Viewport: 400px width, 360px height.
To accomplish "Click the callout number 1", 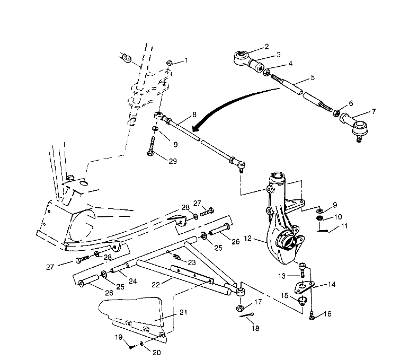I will coord(185,61).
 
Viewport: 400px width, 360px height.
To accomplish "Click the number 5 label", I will coord(312,77).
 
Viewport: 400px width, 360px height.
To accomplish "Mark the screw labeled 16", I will coord(312,315).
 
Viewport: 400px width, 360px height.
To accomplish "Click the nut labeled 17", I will coord(239,308).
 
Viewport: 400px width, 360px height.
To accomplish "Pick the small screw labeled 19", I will coord(130,346).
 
